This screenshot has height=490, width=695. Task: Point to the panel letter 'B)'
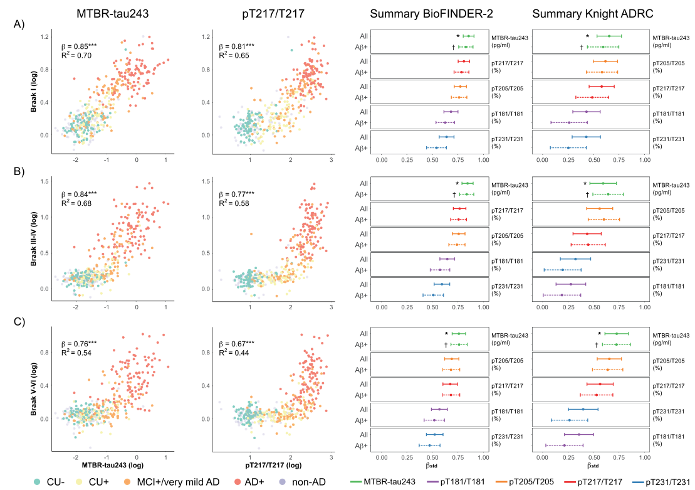[x=20, y=171]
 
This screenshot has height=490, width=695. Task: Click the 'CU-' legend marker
[x=37, y=481]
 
